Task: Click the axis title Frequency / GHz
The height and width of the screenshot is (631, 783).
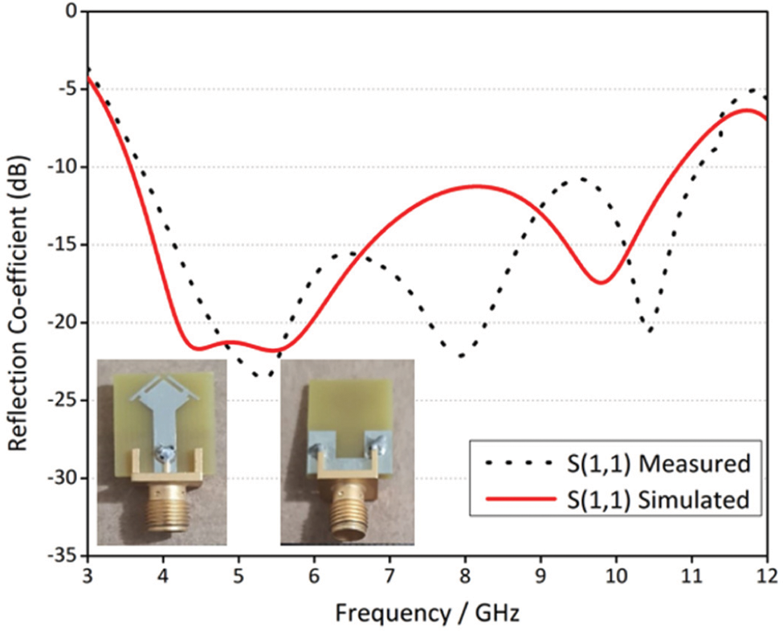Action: coord(427,614)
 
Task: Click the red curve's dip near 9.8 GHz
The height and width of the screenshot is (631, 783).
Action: coord(602,282)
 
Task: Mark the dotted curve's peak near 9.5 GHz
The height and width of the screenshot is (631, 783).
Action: coord(580,178)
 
